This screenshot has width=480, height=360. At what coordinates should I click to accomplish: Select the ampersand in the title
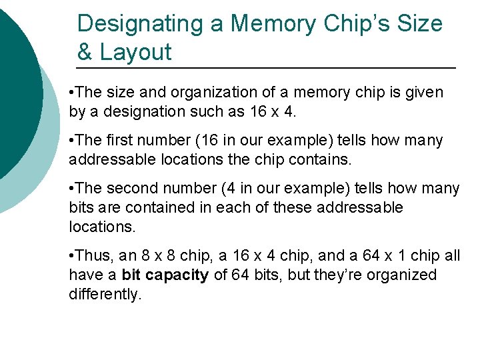click(x=85, y=52)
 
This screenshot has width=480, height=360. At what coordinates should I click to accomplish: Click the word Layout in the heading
click(x=135, y=52)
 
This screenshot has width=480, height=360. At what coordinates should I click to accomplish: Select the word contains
click(x=327, y=160)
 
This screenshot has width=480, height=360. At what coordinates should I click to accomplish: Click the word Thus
click(x=94, y=256)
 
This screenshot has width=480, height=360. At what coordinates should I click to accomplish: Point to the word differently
click(x=105, y=295)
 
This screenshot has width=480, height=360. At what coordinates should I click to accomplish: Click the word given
click(x=425, y=92)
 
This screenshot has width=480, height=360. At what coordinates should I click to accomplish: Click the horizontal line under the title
click(x=267, y=69)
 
